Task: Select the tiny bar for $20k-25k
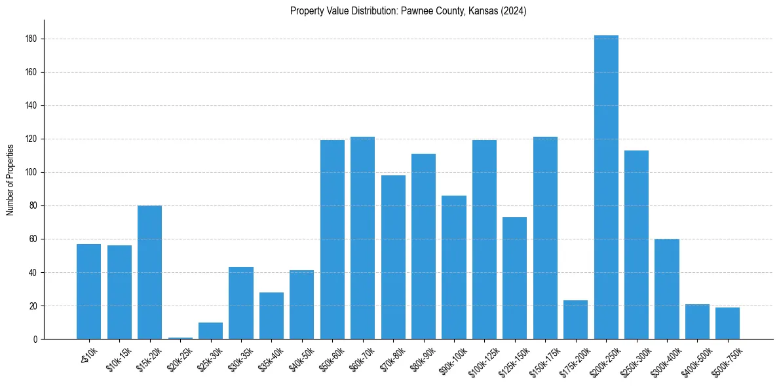tap(180, 338)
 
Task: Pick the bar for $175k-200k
tap(575, 320)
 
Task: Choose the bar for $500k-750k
tap(727, 323)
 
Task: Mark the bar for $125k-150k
tap(515, 278)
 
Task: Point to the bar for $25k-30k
tap(210, 330)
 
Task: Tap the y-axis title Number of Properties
tap(10, 180)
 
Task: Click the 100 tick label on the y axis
tap(35, 173)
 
